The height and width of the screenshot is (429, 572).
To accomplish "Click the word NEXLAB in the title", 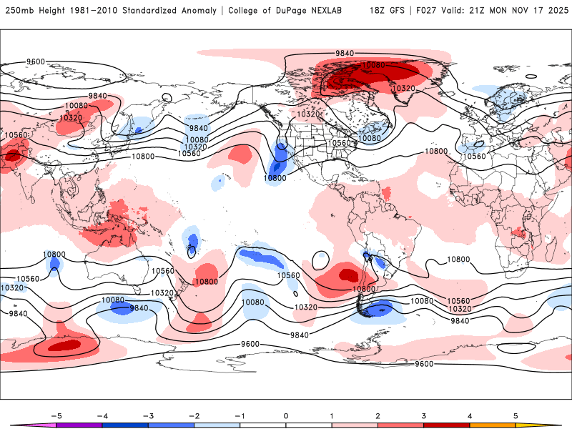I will tap(338, 11).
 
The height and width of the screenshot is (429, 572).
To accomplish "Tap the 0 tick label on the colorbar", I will tap(285, 415).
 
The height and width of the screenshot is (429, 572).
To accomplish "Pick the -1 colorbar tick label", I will tap(240, 415).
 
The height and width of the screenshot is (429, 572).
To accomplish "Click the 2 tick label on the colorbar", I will tap(378, 415).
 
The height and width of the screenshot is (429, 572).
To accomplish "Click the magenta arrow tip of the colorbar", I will tap(16, 425).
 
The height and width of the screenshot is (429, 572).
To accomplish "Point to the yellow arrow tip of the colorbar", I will tap(556, 425).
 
